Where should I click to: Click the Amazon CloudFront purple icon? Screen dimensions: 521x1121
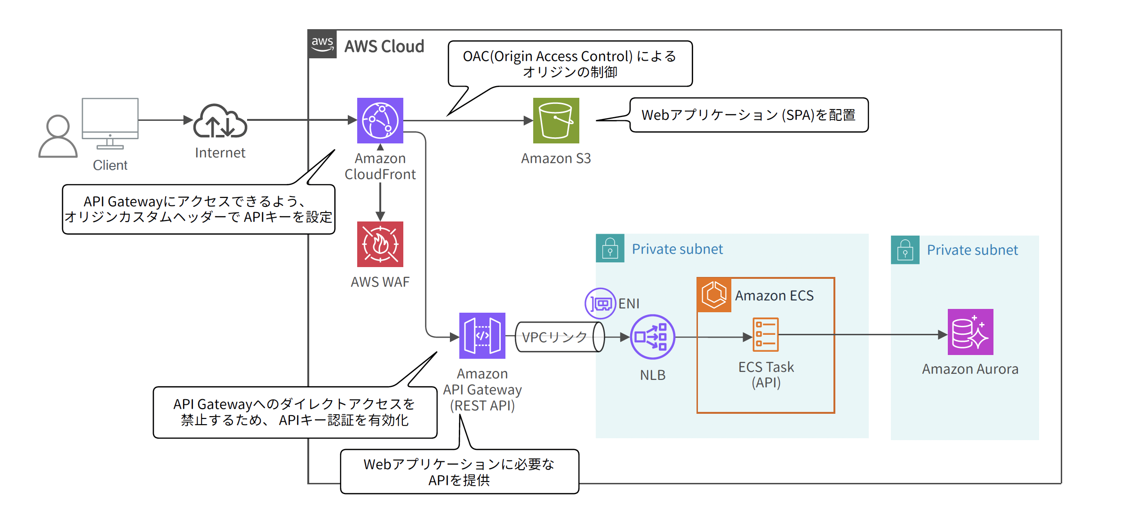380,120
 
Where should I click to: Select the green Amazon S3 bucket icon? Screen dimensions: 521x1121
556,120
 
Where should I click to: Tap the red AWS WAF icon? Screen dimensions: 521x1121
380,244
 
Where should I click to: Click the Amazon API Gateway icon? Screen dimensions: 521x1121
482,335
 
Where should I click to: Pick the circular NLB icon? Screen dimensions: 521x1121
652,337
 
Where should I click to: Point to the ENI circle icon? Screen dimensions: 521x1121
600,303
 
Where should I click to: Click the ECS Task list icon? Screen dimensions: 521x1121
765,335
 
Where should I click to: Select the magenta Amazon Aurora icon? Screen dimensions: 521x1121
970,332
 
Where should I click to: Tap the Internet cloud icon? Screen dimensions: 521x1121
220,121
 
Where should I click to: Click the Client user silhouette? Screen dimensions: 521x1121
57,136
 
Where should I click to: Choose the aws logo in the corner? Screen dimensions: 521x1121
322,44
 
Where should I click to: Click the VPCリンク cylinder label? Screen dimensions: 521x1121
554,337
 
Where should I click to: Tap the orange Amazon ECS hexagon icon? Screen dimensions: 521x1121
714,295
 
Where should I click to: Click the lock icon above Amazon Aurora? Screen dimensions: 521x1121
905,250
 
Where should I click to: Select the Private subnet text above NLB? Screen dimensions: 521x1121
677,249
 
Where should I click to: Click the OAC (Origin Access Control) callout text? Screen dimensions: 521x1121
569,63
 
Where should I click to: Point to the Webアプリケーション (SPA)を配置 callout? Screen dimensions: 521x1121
748,115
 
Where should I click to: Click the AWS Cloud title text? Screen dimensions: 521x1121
384,46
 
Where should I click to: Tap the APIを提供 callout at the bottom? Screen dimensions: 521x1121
459,472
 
